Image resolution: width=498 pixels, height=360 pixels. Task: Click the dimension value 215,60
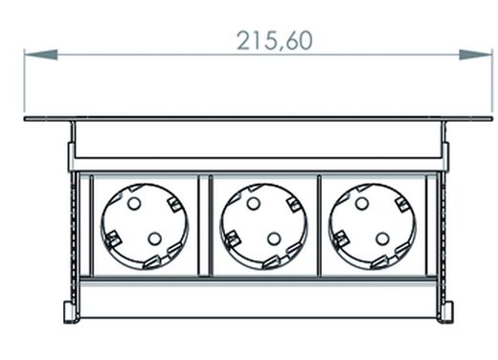tap(275, 41)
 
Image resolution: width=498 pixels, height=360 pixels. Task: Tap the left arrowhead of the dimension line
tap(41, 55)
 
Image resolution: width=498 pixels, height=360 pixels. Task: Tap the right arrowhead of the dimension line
tap(476, 55)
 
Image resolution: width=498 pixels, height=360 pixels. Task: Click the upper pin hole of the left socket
tap(134, 203)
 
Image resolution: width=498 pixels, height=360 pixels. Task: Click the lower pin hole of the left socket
tap(155, 238)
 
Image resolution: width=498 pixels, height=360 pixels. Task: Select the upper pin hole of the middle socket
tap(253, 203)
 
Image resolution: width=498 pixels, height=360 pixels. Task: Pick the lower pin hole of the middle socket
tap(274, 238)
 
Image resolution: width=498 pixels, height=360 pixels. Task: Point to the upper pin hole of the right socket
tap(362, 203)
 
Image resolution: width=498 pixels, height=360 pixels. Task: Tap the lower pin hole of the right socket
tap(382, 238)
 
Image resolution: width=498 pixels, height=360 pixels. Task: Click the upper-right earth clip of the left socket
tap(174, 205)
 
